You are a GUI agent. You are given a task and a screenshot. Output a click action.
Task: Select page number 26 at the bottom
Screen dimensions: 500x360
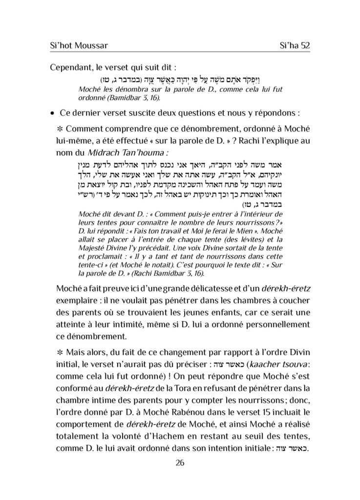(x=180, y=463)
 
